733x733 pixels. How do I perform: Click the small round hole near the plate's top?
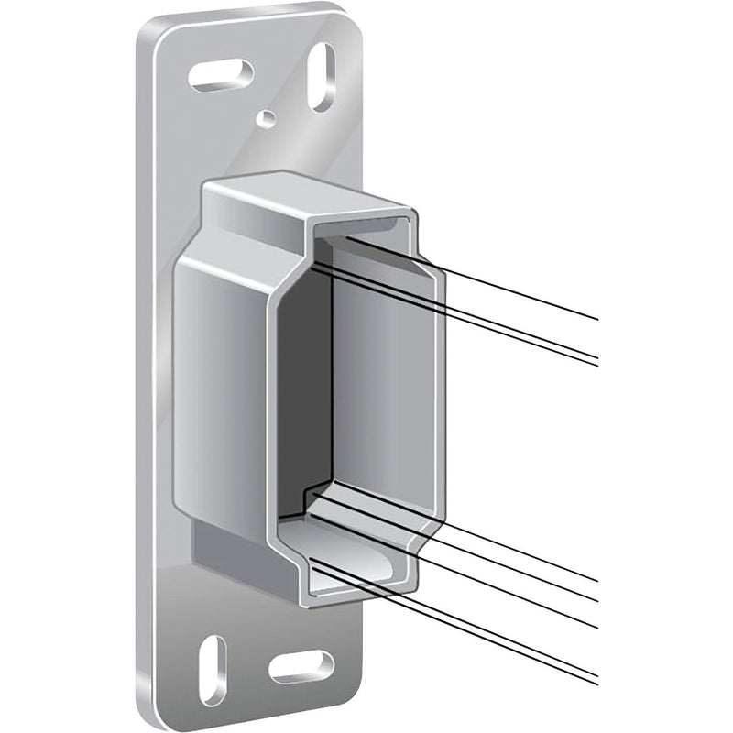click(265, 117)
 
